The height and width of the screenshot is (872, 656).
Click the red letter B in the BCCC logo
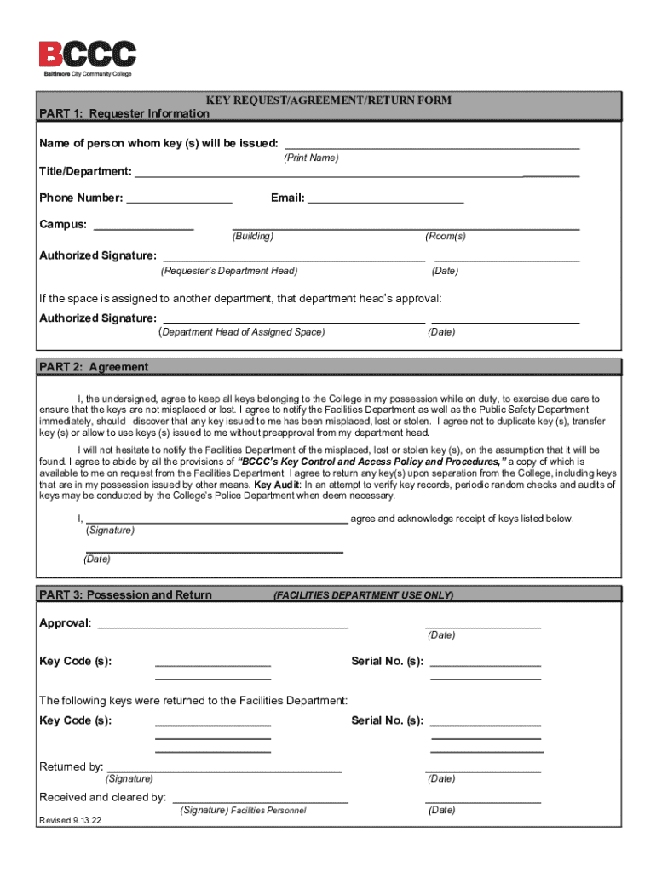[50, 54]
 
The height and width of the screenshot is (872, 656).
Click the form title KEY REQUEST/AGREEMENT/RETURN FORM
[328, 100]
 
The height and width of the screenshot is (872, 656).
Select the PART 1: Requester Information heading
[124, 113]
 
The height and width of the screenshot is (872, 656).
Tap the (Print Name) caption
[310, 158]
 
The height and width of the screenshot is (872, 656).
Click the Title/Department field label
[85, 172]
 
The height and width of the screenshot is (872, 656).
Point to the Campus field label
[63, 225]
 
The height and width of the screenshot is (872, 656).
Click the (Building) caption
[253, 237]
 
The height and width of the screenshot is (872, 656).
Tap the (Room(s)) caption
[446, 237]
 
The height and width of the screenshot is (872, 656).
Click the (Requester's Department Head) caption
[229, 272]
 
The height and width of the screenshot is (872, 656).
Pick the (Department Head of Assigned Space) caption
[242, 332]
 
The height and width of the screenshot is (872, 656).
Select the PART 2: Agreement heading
[94, 367]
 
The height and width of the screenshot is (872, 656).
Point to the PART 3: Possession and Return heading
[125, 594]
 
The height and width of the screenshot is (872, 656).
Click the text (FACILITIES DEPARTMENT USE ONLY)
[363, 595]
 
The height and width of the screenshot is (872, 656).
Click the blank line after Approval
[222, 627]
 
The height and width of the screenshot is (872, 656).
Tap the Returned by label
[72, 766]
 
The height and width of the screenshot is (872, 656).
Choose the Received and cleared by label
[102, 797]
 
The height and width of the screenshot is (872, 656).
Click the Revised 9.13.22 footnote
[71, 821]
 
